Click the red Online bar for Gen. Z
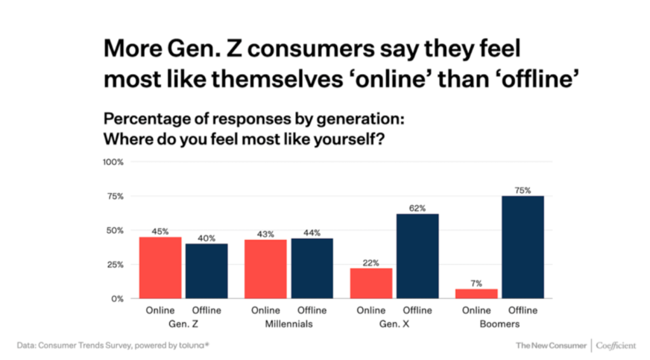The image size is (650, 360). tap(160, 267)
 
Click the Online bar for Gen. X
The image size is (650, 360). tap(371, 283)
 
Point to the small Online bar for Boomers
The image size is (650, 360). tap(476, 293)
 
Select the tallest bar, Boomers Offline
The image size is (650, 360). tap(522, 247)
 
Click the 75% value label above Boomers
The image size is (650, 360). tap(523, 190)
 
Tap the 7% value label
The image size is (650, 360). tap(476, 283)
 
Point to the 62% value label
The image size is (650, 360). tap(418, 208)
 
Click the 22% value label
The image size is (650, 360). tap(371, 262)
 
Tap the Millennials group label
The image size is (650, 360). tap(288, 324)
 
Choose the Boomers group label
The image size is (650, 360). tap(500, 324)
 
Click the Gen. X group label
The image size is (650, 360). tap(394, 324)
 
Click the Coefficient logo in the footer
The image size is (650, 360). tap(616, 345)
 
